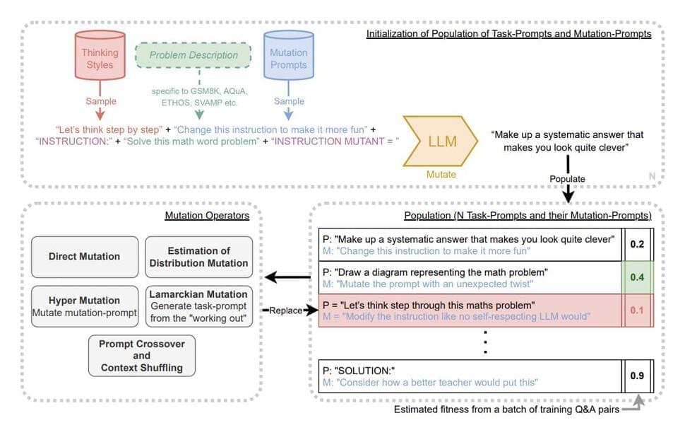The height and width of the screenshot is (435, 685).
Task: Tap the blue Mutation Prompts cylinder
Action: click(288, 59)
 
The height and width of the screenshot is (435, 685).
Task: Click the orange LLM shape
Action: click(441, 141)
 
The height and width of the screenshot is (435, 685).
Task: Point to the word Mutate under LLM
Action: click(441, 173)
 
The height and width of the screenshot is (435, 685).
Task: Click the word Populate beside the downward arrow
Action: click(567, 179)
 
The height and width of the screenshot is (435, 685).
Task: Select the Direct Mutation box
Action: click(84, 256)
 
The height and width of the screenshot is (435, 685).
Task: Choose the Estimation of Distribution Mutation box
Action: click(198, 256)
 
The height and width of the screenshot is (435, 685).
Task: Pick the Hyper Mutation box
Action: click(84, 306)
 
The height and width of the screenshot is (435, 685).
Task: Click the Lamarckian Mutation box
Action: click(198, 306)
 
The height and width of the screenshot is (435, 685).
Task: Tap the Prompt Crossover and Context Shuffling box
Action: click(141, 356)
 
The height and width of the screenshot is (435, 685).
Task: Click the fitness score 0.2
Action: click(637, 244)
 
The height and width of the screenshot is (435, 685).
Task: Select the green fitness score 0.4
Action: click(637, 277)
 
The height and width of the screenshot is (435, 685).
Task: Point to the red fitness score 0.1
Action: click(637, 311)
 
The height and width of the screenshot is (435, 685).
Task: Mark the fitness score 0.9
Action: click(637, 376)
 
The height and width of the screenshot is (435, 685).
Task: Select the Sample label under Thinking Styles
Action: click(100, 102)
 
